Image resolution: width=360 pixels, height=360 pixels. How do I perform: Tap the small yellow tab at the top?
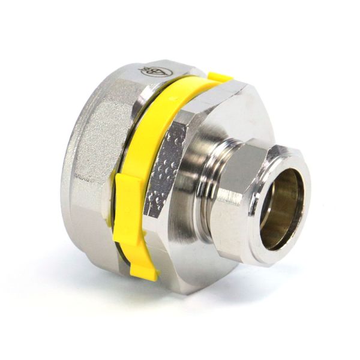[220, 77]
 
